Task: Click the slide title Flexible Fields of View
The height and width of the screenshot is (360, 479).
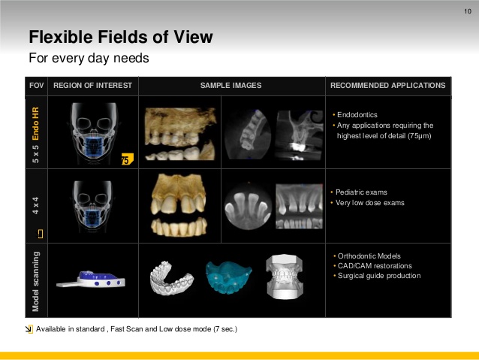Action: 121,37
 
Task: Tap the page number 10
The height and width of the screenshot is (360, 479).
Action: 468,11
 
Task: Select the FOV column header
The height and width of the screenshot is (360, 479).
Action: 36,86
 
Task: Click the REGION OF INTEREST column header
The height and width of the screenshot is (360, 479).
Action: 92,86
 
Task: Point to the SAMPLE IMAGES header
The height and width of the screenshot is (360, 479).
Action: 231,86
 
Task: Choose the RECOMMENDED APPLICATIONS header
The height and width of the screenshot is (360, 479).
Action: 387,86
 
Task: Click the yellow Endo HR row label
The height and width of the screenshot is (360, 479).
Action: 36,123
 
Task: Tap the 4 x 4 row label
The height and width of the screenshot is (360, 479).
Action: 36,205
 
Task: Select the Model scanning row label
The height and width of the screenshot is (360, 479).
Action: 36,281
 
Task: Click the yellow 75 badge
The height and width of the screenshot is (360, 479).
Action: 127,159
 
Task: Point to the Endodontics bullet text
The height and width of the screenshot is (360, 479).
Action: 357,115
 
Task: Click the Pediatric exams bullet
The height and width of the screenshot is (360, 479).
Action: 361,192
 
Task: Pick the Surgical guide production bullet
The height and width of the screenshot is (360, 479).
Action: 379,276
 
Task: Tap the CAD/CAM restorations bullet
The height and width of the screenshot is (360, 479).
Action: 375,266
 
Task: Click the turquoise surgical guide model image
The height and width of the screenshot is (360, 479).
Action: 228,277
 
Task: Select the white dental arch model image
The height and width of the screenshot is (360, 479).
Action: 172,278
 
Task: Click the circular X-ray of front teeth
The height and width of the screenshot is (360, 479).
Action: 248,206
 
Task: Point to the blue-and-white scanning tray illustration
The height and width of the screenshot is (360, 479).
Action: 91,279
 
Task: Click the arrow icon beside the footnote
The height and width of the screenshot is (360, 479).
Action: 29,329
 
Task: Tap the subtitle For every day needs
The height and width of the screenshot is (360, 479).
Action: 89,58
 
